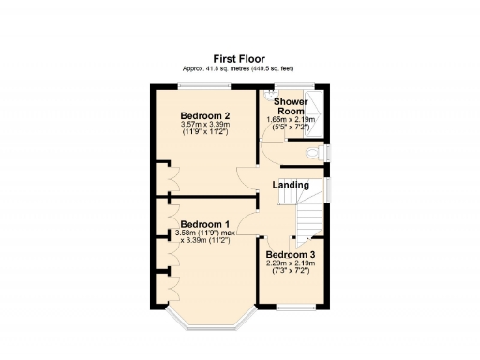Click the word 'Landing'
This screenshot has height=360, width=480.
pos(291,185)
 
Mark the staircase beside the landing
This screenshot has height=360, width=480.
pos(310,220)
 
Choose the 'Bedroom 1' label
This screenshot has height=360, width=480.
pos(203,225)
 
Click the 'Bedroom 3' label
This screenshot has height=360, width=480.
pos(290,255)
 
